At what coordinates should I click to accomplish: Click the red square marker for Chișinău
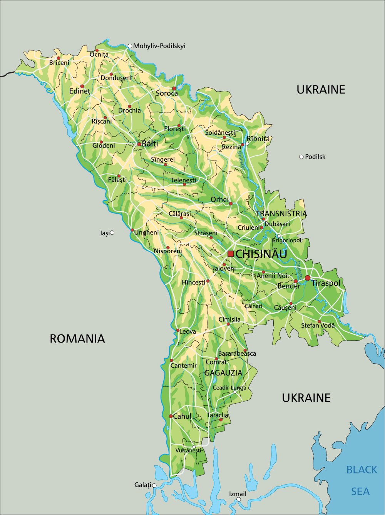click(x=230, y=254)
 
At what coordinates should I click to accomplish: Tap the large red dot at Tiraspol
click(x=308, y=278)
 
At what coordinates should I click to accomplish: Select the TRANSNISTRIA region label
click(x=281, y=214)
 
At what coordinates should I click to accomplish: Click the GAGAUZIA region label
click(x=223, y=373)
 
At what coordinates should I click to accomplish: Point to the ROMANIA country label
click(x=77, y=339)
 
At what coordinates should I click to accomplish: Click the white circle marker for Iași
click(x=112, y=232)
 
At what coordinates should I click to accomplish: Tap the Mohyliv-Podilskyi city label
click(x=159, y=46)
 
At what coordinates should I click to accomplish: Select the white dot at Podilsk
click(x=301, y=157)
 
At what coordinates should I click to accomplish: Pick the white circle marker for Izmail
click(x=239, y=499)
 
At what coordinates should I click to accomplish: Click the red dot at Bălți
click(x=139, y=144)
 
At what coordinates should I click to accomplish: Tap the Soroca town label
click(x=167, y=94)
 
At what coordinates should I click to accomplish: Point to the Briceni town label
click(x=59, y=63)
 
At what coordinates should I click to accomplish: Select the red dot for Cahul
click(x=171, y=416)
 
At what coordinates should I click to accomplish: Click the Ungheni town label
click(x=146, y=232)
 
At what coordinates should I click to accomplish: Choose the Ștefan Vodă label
click(x=318, y=326)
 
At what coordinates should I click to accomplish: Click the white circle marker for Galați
click(x=154, y=485)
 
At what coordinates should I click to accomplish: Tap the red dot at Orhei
click(x=231, y=204)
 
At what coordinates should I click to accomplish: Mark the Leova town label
click(x=188, y=331)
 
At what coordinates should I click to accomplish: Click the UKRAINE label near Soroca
click(x=321, y=90)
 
